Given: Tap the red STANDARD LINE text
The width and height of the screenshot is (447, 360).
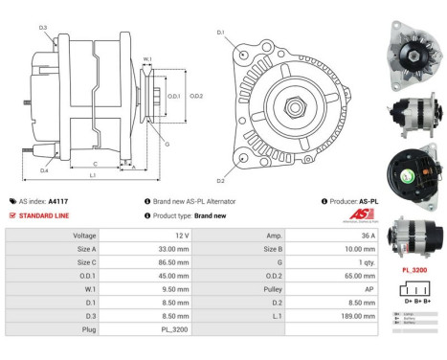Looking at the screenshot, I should (x=45, y=215).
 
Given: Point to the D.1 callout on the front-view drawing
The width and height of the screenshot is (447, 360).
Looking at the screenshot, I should (x=221, y=34).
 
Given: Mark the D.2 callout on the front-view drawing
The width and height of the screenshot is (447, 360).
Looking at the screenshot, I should (x=221, y=180).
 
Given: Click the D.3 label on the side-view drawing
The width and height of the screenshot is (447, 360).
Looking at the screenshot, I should (x=44, y=28).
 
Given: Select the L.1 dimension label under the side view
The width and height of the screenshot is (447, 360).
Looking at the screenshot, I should (x=93, y=177).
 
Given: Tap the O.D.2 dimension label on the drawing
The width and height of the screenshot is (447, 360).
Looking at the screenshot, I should (x=196, y=97).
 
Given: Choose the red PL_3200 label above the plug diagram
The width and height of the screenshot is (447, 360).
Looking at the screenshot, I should (x=413, y=271).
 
